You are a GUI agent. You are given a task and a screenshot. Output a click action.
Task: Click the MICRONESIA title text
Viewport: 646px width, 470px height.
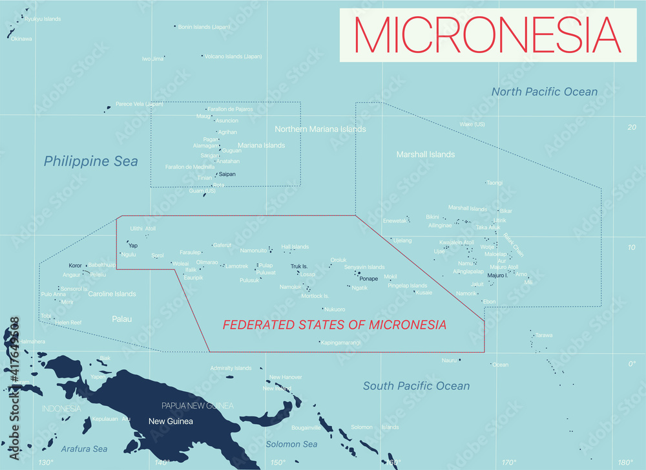[488, 35]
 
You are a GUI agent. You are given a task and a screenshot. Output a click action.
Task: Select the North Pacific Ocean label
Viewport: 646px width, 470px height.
[544, 92]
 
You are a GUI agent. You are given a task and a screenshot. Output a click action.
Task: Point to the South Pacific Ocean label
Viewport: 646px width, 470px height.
[416, 386]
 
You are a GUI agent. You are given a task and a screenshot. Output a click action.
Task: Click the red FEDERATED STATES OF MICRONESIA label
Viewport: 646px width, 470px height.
[334, 325]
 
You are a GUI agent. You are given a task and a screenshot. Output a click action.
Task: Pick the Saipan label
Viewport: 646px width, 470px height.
[227, 174]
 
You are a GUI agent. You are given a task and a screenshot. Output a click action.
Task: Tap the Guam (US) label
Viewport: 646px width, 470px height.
[202, 191]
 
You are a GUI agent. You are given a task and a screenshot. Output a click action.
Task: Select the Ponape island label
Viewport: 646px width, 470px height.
[368, 279]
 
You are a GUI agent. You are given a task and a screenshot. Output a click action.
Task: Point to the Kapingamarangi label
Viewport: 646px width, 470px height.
[340, 342]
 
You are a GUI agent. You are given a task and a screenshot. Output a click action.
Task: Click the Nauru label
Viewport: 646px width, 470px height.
[449, 360]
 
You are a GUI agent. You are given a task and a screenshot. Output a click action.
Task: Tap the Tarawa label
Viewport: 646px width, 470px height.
[543, 335]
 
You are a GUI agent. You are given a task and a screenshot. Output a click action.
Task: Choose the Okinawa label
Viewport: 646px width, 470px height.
[21, 38]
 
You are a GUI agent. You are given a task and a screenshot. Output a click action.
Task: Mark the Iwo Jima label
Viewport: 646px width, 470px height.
[152, 59]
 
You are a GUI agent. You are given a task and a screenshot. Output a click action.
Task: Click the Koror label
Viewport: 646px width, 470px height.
[76, 266]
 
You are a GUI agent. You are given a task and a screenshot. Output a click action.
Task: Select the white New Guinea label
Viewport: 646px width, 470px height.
[171, 422]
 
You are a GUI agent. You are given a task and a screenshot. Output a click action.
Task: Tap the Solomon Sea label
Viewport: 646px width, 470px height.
[291, 444]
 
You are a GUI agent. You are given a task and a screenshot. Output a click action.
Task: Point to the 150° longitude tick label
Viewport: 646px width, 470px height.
[277, 462]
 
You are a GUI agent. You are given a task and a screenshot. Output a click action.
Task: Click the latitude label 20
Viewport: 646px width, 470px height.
[632, 127]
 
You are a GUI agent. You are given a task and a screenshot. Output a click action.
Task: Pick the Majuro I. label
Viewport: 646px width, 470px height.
[497, 276]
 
